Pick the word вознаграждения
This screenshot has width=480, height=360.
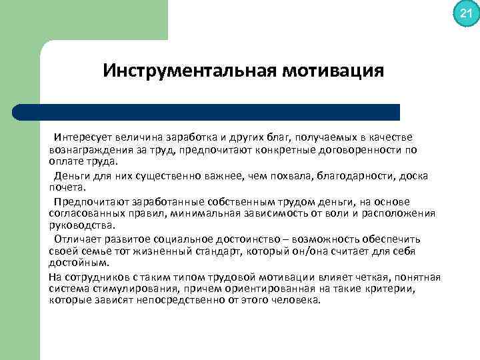85,149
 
